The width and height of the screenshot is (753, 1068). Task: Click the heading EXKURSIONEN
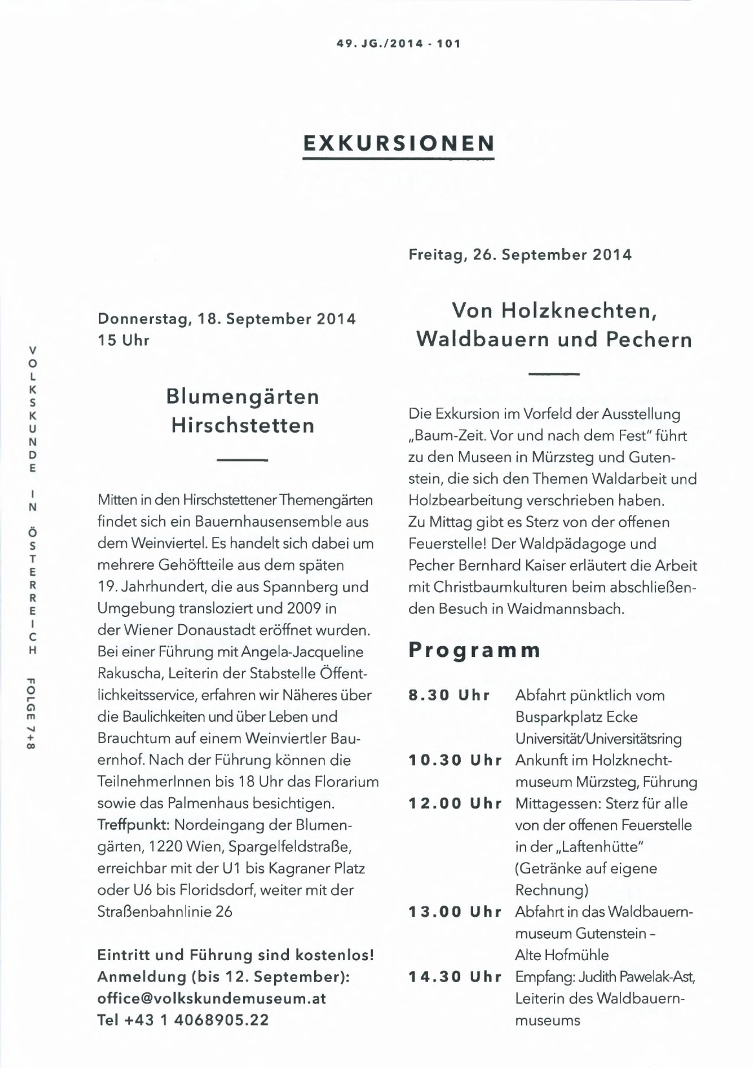(399, 143)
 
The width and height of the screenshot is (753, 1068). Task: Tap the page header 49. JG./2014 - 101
(399, 44)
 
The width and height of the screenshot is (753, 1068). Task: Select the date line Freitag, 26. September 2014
(520, 255)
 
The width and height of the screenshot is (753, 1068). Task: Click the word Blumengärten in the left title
(243, 397)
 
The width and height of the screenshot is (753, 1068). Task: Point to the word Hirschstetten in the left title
(243, 426)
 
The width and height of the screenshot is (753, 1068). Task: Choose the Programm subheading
(474, 650)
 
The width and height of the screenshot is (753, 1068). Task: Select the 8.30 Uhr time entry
(449, 695)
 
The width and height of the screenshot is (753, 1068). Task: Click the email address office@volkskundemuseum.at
(212, 999)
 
